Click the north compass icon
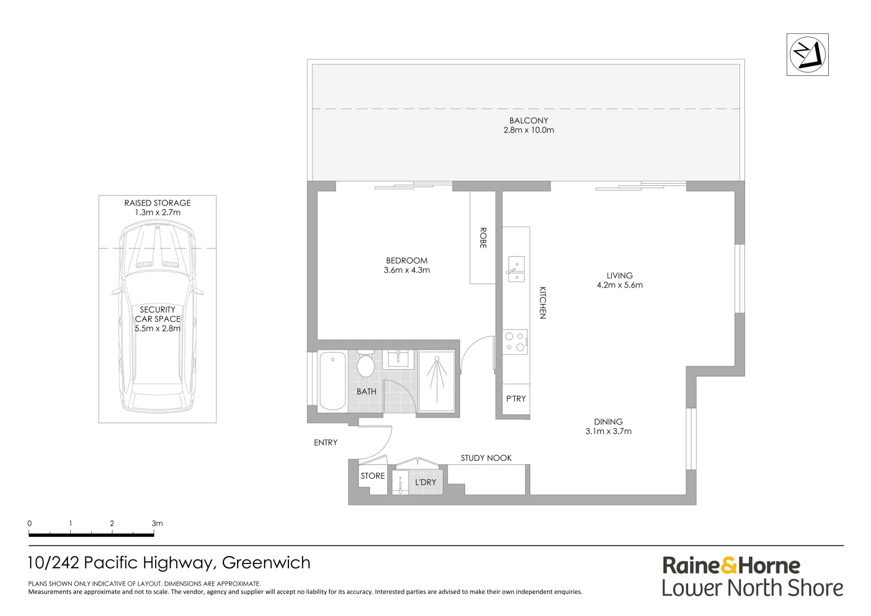pyautogui.click(x=807, y=54)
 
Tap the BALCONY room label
pyautogui.click(x=528, y=120)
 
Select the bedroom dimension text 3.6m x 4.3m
pyautogui.click(x=406, y=270)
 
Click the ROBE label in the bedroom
pyautogui.click(x=483, y=238)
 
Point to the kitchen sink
pyautogui.click(x=516, y=269)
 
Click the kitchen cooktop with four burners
pyautogui.click(x=515, y=342)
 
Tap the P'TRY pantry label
pyautogui.click(x=516, y=399)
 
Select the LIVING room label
pyautogui.click(x=619, y=275)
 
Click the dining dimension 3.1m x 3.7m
pyautogui.click(x=608, y=432)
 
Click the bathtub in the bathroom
pyautogui.click(x=332, y=381)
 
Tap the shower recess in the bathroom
pyautogui.click(x=437, y=381)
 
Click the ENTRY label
pyautogui.click(x=325, y=443)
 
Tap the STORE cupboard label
pyautogui.click(x=373, y=476)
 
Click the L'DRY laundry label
pyautogui.click(x=425, y=482)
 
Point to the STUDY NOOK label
pyautogui.click(x=486, y=458)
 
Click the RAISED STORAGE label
pyautogui.click(x=157, y=203)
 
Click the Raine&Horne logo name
pyautogui.click(x=731, y=566)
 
